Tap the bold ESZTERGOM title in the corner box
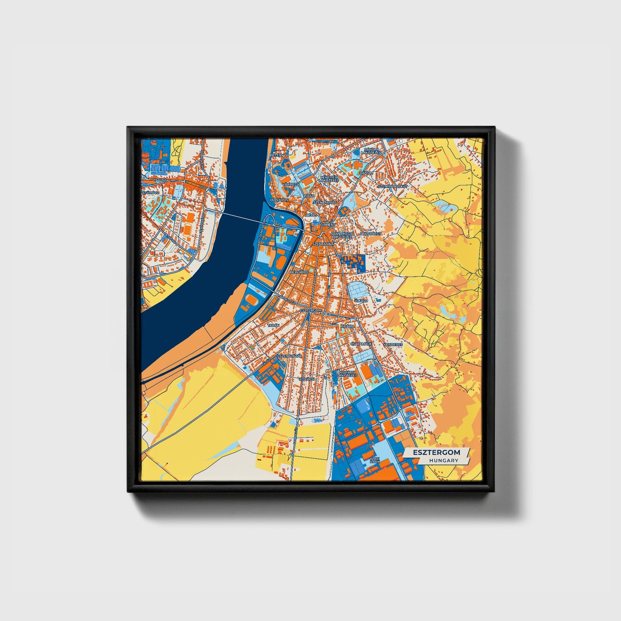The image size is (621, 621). coord(436,452)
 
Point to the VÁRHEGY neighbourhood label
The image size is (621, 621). coord(290,184)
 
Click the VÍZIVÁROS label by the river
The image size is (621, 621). coord(278,200)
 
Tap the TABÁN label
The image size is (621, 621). coord(273,326)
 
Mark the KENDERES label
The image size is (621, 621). coord(393,344)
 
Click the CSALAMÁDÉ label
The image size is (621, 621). coord(361,344)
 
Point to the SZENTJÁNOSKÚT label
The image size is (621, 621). coord(392,187)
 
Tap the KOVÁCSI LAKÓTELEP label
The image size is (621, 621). coord(348,373)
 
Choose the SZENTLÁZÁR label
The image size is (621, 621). coord(291,356)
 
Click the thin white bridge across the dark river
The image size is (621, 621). coord(241,217)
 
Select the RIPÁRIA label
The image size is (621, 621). coord(347,326)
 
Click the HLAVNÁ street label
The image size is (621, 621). coord(160,180)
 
